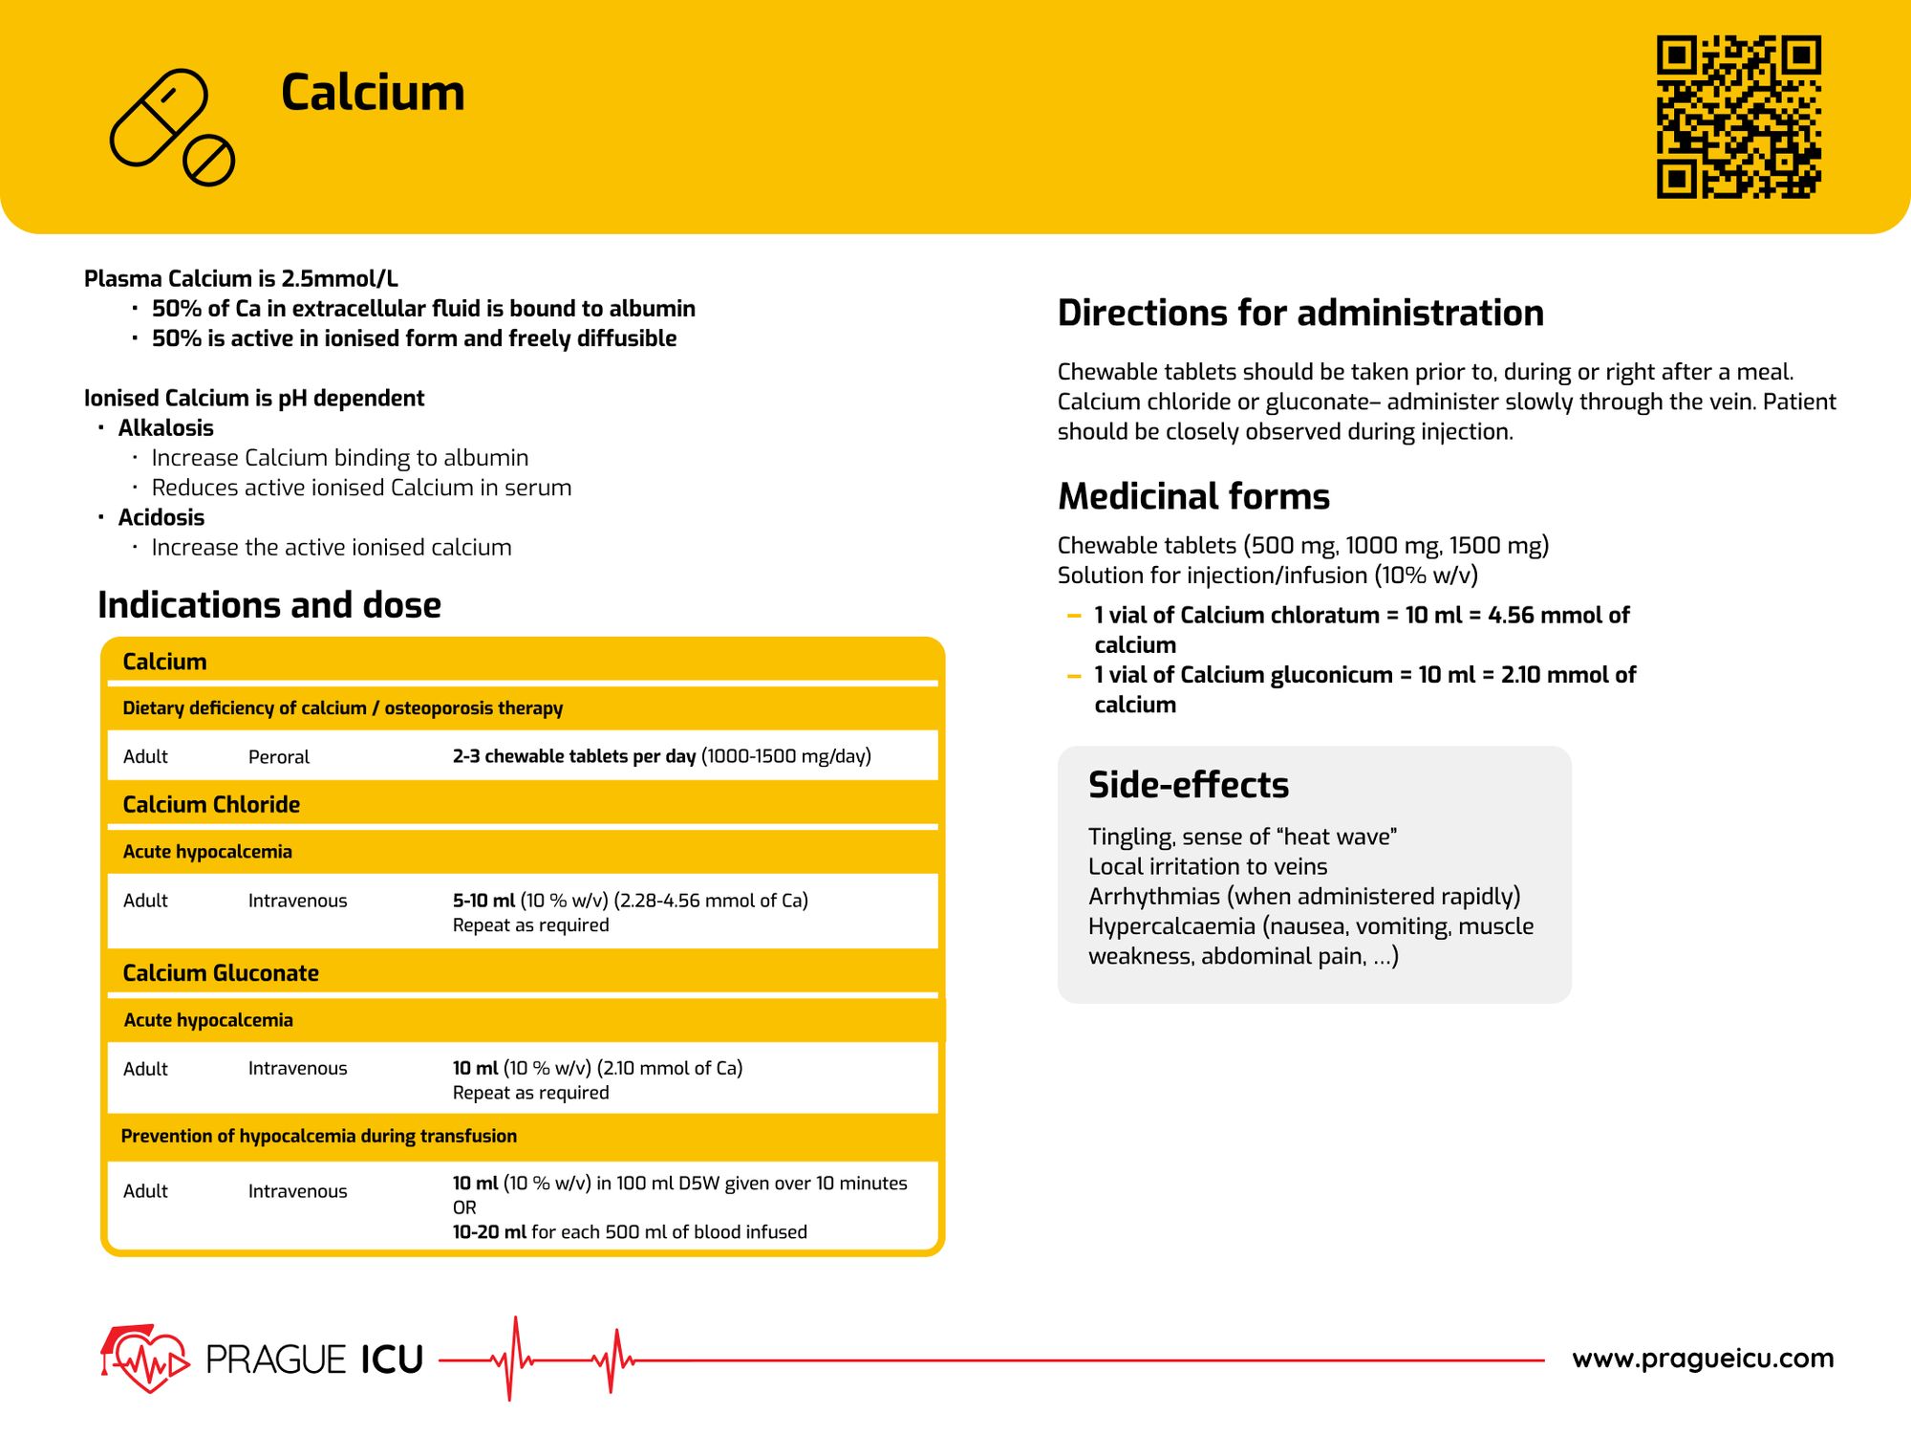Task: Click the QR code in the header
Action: (x=1738, y=117)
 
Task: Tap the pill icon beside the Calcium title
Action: (x=172, y=127)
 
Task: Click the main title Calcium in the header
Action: (x=373, y=94)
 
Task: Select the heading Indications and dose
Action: (x=269, y=605)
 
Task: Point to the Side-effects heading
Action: (x=1188, y=785)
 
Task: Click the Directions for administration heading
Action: (x=1299, y=314)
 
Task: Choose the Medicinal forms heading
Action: (x=1193, y=497)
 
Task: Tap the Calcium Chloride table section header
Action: (x=211, y=805)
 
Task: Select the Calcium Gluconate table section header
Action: (x=221, y=973)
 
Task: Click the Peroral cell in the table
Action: (x=279, y=757)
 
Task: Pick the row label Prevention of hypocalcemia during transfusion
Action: (x=318, y=1136)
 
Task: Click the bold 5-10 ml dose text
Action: (x=483, y=901)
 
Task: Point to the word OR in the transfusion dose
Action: (x=464, y=1207)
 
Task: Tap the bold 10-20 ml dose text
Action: (x=489, y=1232)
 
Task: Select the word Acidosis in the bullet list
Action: (x=161, y=518)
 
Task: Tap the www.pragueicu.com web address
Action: (x=1703, y=1359)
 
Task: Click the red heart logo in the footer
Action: (x=145, y=1359)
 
